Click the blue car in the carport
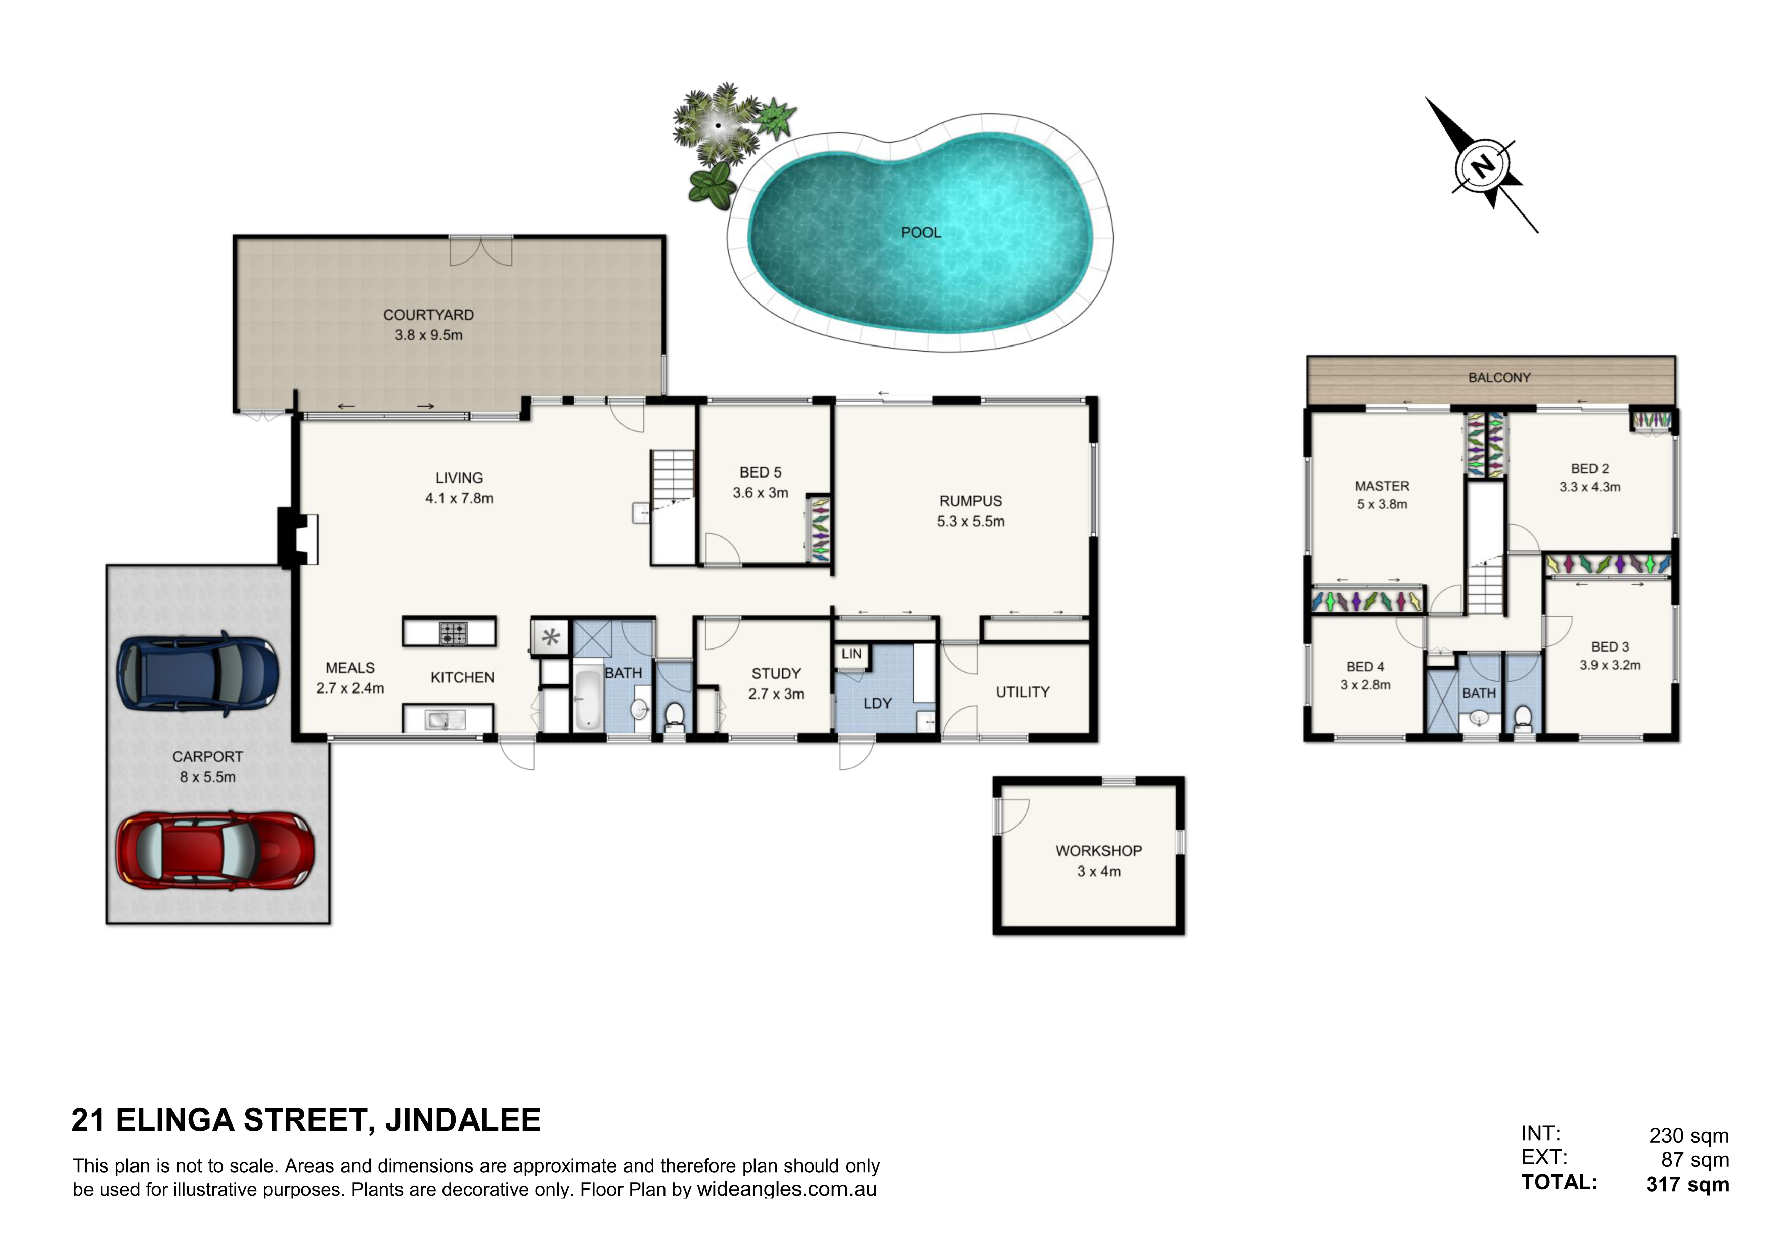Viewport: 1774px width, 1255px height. click(x=197, y=673)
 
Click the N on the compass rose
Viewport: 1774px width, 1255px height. click(x=1482, y=166)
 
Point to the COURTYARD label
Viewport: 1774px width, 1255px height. click(x=429, y=315)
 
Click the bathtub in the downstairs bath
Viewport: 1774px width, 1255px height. click(x=588, y=700)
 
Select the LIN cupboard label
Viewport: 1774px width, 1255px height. click(x=852, y=654)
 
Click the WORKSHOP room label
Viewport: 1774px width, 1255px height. click(x=1099, y=851)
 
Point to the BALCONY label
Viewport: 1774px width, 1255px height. click(x=1499, y=378)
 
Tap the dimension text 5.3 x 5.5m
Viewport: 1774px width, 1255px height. click(x=970, y=522)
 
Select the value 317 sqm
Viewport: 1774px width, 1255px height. click(x=1688, y=1185)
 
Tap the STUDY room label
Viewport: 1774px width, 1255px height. click(x=776, y=674)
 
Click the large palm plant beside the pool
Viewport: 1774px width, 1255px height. click(x=717, y=125)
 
